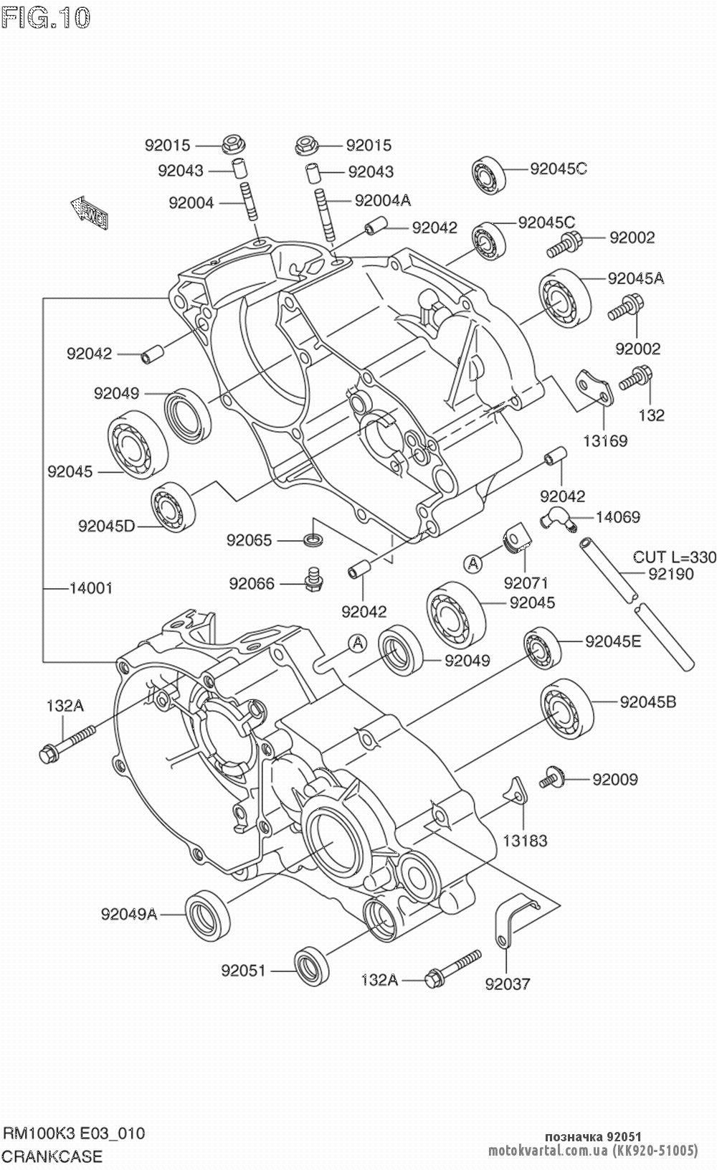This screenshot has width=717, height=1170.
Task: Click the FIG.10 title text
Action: click(x=46, y=17)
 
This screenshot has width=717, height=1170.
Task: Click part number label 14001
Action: click(x=90, y=588)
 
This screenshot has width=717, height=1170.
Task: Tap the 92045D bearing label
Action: click(x=106, y=526)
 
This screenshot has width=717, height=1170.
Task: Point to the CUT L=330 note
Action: click(x=674, y=557)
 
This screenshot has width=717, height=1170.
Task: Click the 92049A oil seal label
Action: click(x=129, y=913)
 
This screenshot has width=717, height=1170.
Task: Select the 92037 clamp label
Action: click(x=508, y=983)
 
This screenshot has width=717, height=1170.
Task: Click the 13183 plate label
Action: click(x=525, y=840)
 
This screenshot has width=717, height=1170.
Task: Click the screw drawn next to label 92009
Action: click(x=552, y=777)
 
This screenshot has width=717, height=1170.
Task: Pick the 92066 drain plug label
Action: click(x=252, y=584)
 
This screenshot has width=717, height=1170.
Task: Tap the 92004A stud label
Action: click(x=382, y=201)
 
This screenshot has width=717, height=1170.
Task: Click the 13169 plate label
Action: click(x=604, y=440)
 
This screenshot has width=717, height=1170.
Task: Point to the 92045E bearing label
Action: click(x=613, y=641)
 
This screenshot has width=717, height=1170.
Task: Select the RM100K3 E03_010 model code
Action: click(x=74, y=1133)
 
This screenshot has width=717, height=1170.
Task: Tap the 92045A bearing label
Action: click(x=635, y=278)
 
